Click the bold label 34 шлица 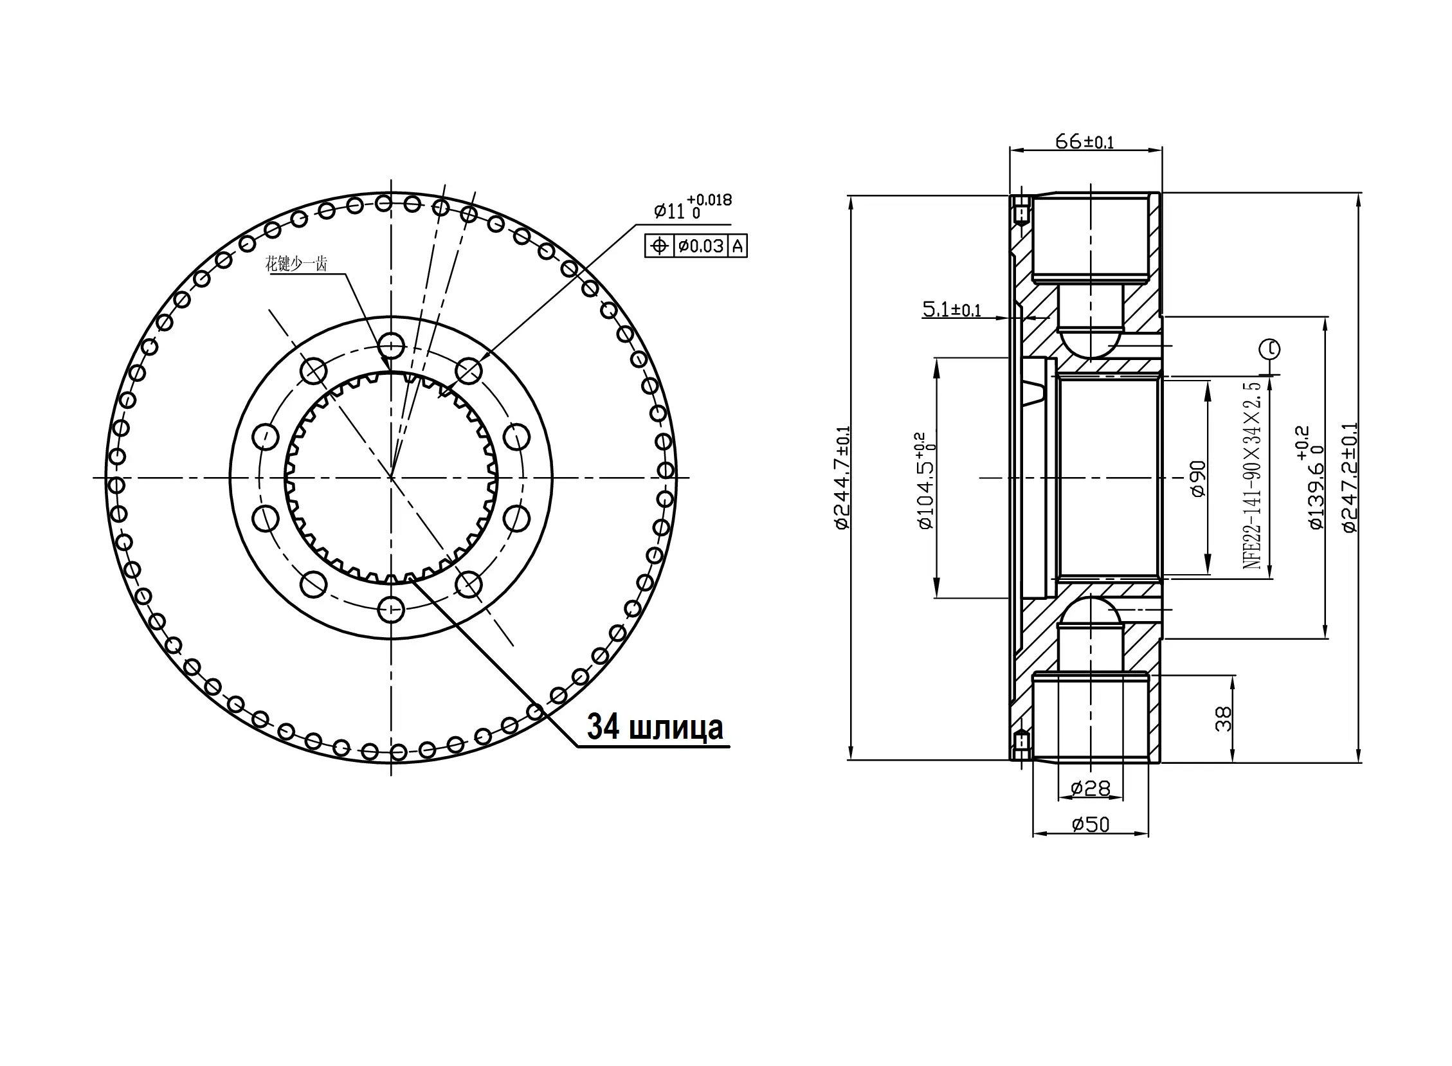[655, 727]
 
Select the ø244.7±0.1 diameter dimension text [842, 478]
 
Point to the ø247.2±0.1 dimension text [1349, 478]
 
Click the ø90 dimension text [1198, 479]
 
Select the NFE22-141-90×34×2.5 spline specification [1252, 475]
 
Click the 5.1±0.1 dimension [952, 310]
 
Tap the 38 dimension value [1223, 719]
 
